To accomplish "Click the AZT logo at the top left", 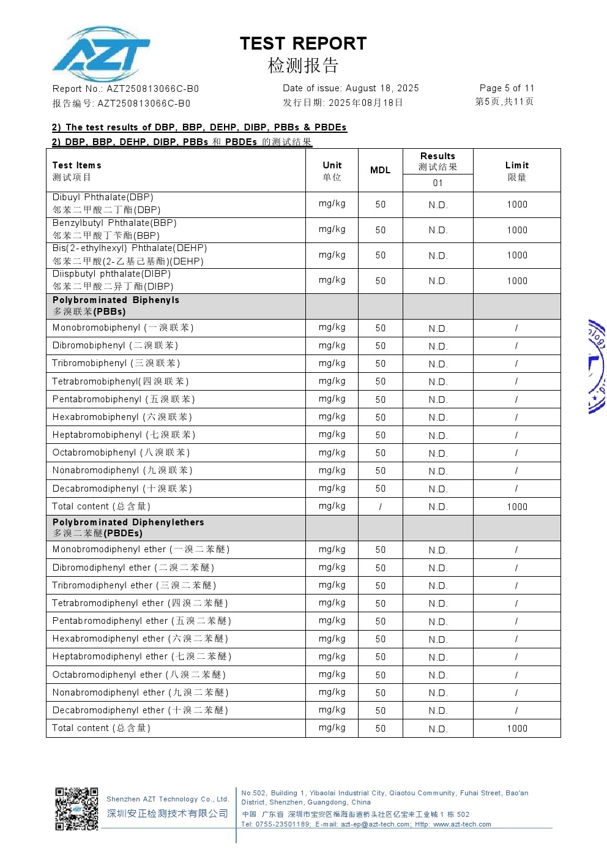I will pyautogui.click(x=101, y=54).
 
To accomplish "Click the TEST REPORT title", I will pyautogui.click(x=303, y=43).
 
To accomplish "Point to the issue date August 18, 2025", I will pyautogui.click(x=382, y=88).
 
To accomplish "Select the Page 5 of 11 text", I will pyautogui.click(x=507, y=88).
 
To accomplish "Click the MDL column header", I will pyautogui.click(x=380, y=170).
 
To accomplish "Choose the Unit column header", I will pyautogui.click(x=332, y=165).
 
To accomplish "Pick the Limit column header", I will pyautogui.click(x=516, y=165).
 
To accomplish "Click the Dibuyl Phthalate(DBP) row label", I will pyautogui.click(x=103, y=197).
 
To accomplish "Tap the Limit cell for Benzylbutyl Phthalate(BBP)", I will pyautogui.click(x=516, y=230).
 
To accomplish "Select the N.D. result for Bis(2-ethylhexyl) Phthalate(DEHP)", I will pyautogui.click(x=438, y=256).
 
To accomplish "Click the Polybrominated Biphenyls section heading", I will pyautogui.click(x=116, y=300).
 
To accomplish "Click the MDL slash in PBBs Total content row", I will pyautogui.click(x=380, y=507).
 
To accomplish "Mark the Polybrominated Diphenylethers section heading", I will pyautogui.click(x=128, y=522).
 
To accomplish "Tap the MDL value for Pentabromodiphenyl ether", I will pyautogui.click(x=380, y=621).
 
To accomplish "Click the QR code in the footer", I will pyautogui.click(x=76, y=809).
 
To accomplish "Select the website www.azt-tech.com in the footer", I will pyautogui.click(x=462, y=824).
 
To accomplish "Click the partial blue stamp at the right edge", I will pyautogui.click(x=597, y=366).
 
